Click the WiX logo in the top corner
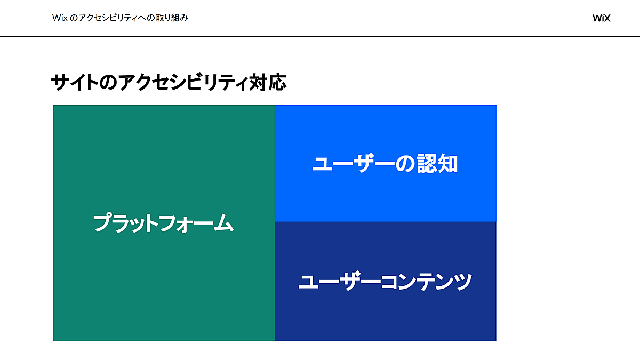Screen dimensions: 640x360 click(x=601, y=18)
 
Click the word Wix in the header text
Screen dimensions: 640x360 click(x=60, y=18)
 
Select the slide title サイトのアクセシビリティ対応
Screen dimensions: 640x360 click(x=169, y=82)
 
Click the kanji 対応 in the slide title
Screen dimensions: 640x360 click(x=267, y=82)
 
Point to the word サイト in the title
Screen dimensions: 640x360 click(x=75, y=82)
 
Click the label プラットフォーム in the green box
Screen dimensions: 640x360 click(x=164, y=223)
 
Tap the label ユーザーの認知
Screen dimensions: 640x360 click(x=385, y=163)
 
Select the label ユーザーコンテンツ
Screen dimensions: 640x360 click(x=385, y=282)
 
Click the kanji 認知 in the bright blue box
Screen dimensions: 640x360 click(x=437, y=163)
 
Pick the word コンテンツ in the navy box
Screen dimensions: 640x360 click(x=426, y=282)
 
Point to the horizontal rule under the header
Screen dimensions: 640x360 click(x=320, y=37)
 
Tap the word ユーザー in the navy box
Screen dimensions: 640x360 click(x=339, y=282)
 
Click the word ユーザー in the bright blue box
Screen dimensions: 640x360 click(x=354, y=163)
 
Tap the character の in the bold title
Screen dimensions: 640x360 click(x=108, y=83)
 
